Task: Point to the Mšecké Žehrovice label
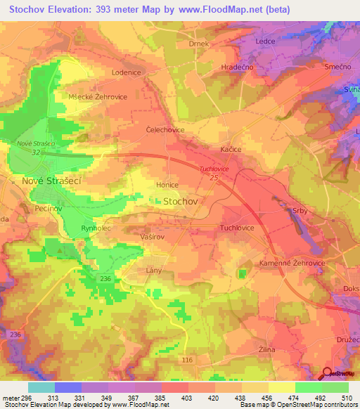[98, 97]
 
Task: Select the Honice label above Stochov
[167, 185]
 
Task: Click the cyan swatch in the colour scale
[41, 387]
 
